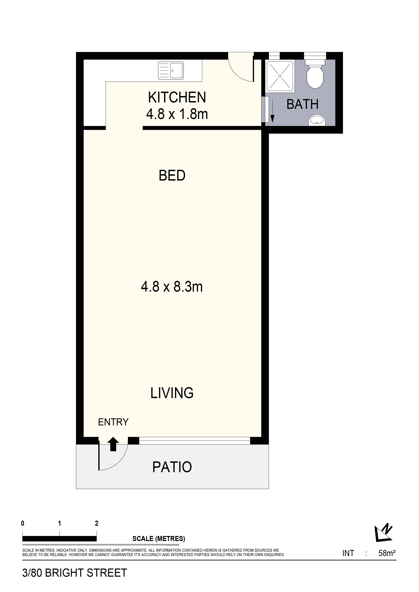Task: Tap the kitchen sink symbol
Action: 171,70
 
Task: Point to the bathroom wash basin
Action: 317,120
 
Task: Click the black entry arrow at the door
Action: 113,444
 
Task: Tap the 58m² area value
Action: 387,553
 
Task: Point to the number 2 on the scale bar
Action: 96,523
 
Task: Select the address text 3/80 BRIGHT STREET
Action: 75,573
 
